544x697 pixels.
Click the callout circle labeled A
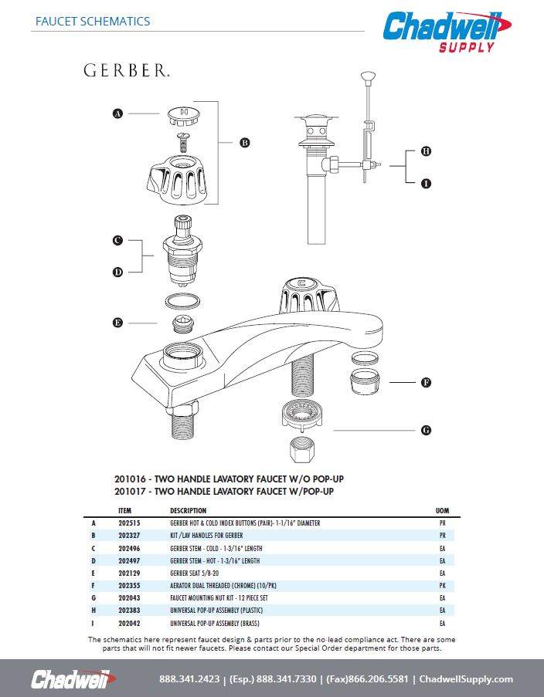(x=118, y=113)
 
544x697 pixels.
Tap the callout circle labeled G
(x=425, y=430)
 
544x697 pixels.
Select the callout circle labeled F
(x=425, y=382)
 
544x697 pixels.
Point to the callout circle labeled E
(x=118, y=323)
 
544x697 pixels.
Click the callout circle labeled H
(x=425, y=151)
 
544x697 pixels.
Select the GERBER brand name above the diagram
(x=127, y=71)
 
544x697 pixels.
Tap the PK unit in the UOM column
(x=442, y=586)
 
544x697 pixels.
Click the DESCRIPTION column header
(x=188, y=511)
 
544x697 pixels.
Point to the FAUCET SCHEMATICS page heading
(x=93, y=21)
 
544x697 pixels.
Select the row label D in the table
(x=93, y=561)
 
